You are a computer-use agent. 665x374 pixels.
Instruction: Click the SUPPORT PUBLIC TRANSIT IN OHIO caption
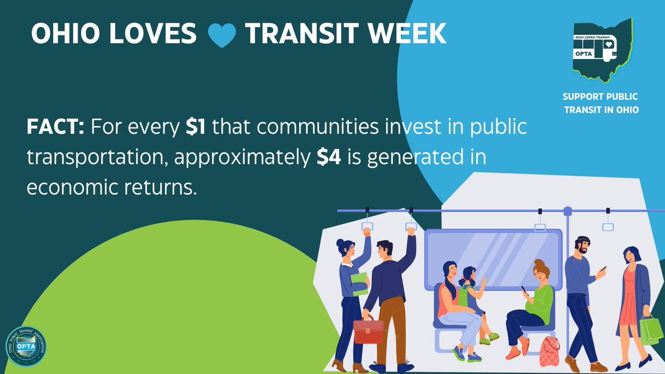click(x=602, y=103)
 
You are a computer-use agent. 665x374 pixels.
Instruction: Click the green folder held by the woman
click(x=360, y=283)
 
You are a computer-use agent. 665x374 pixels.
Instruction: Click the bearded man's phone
click(x=603, y=269)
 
